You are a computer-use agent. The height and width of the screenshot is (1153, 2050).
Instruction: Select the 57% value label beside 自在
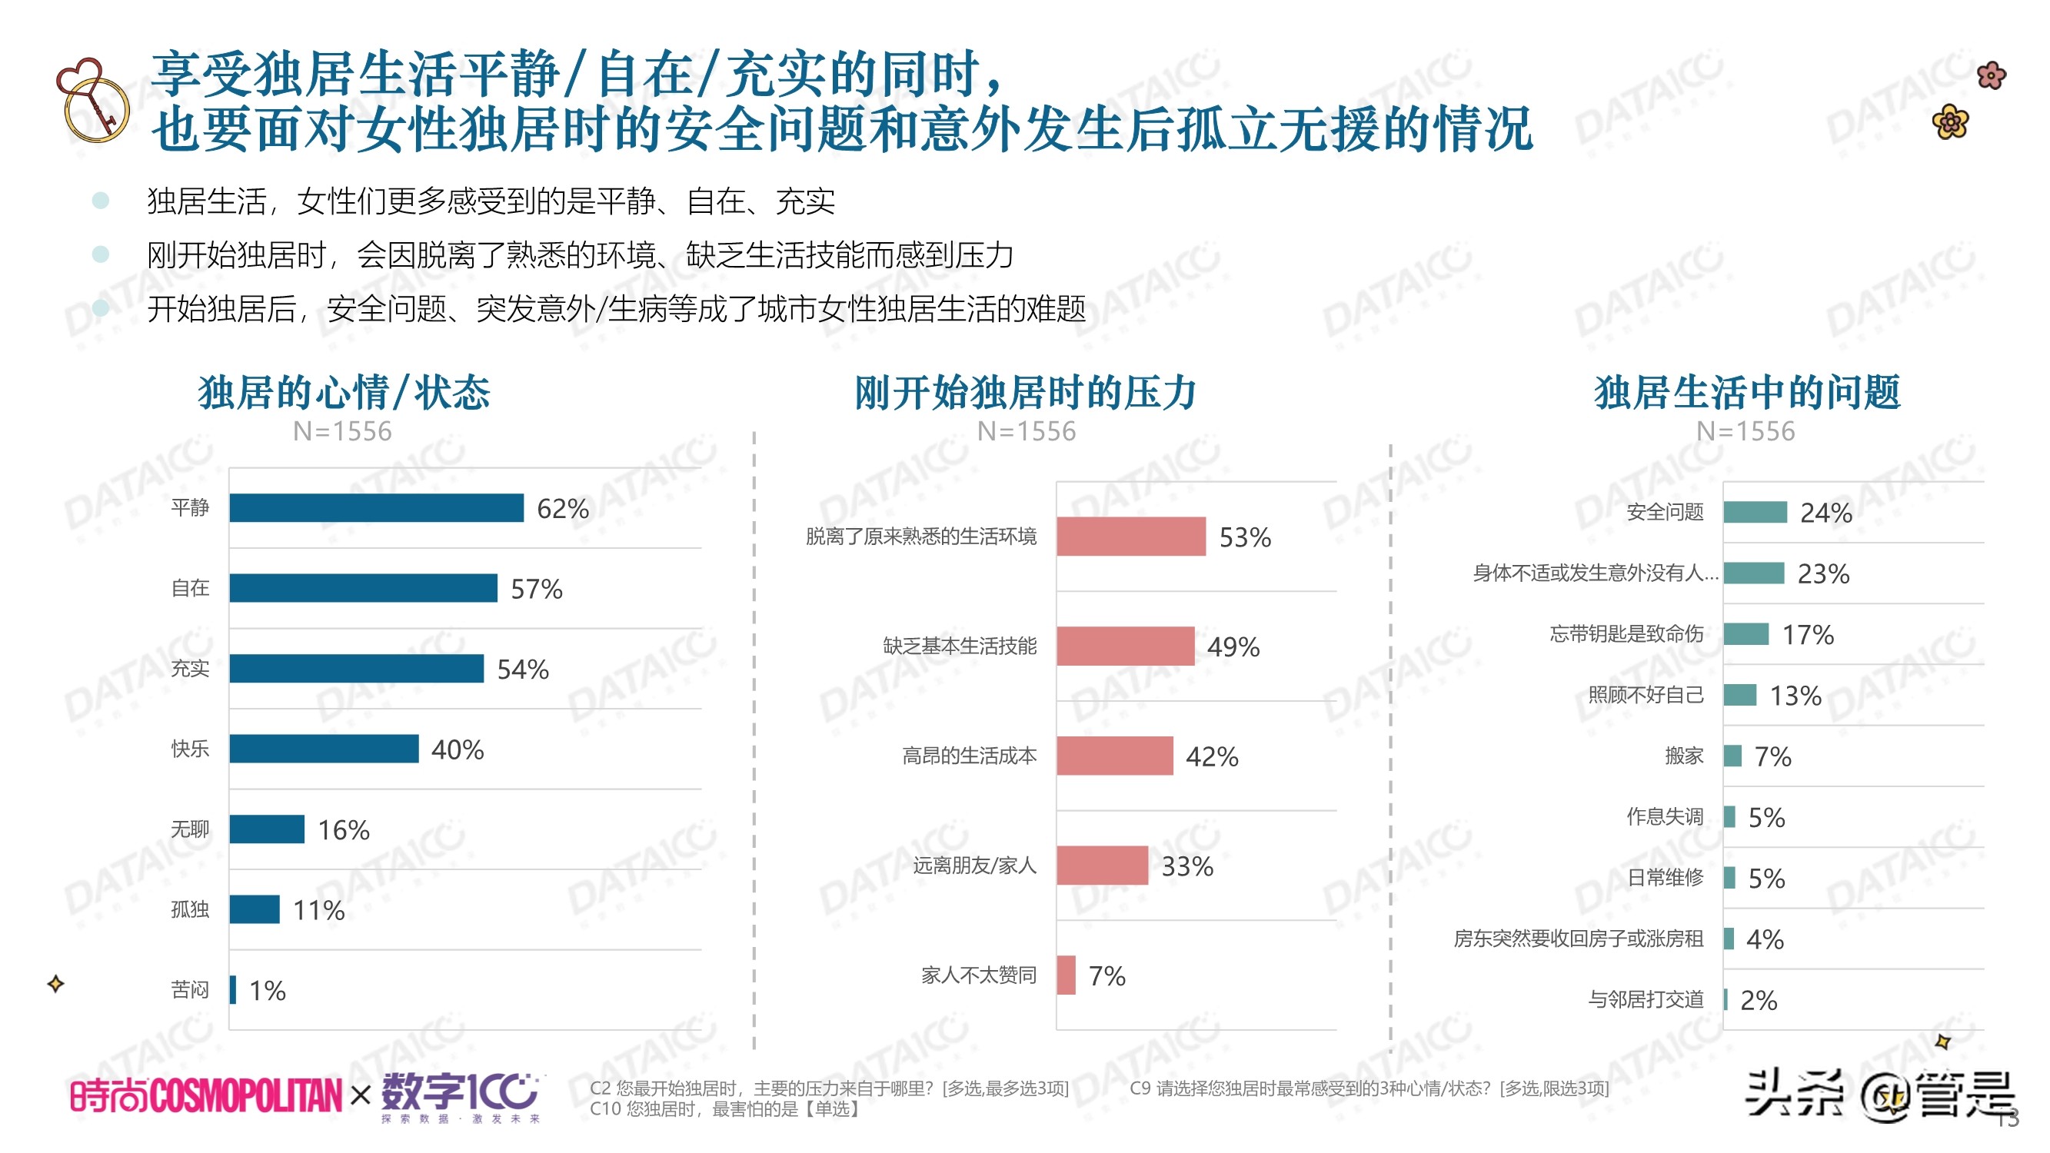536,589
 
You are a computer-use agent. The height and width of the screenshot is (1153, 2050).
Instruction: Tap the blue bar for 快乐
323,749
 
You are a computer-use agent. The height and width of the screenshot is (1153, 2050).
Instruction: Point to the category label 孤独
189,909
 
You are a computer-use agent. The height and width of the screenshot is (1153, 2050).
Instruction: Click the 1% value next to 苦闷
267,991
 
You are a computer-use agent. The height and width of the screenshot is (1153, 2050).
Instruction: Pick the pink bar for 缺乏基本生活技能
1124,646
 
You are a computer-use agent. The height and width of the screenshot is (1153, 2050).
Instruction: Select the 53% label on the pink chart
1244,538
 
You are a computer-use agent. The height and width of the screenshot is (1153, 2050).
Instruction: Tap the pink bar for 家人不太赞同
1066,975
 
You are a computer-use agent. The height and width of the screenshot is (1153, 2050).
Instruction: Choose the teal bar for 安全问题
1754,513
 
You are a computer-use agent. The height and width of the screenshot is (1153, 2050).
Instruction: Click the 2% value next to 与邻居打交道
1758,1000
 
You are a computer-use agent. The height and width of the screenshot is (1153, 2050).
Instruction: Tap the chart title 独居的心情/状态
344,392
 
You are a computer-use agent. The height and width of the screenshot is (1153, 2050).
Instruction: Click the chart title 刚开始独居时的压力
1025,392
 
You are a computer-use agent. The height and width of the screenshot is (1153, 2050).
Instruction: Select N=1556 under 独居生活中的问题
1745,431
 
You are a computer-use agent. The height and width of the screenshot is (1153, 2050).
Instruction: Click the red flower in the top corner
1990,75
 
